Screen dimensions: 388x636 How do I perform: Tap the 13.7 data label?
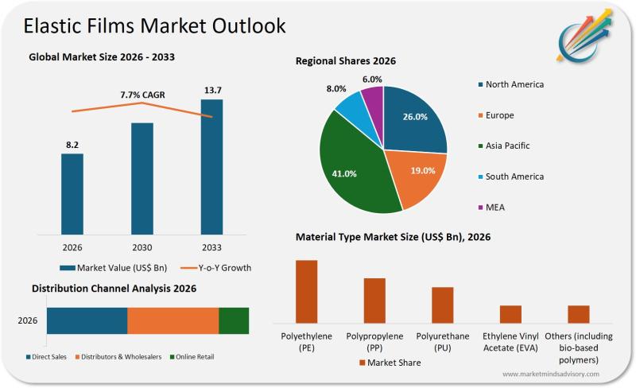click(x=211, y=90)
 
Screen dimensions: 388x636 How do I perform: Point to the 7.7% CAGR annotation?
click(x=142, y=95)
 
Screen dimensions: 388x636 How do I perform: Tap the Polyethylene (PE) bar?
click(x=306, y=291)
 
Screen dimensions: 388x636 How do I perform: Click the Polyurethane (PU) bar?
click(x=442, y=305)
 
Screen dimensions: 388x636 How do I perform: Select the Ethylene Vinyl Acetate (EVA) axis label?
click(x=510, y=342)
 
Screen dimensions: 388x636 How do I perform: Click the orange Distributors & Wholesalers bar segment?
click(x=173, y=320)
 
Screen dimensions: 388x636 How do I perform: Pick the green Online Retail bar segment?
click(x=234, y=320)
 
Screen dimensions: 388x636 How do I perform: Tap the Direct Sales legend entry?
click(x=48, y=357)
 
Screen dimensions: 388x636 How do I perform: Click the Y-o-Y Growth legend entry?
click(x=214, y=267)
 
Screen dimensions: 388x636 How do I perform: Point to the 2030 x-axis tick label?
click(x=142, y=246)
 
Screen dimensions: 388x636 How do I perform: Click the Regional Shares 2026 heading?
click(x=345, y=61)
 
